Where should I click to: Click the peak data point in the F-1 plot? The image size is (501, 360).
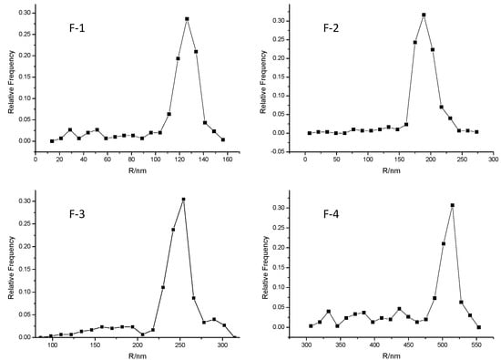(187, 19)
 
